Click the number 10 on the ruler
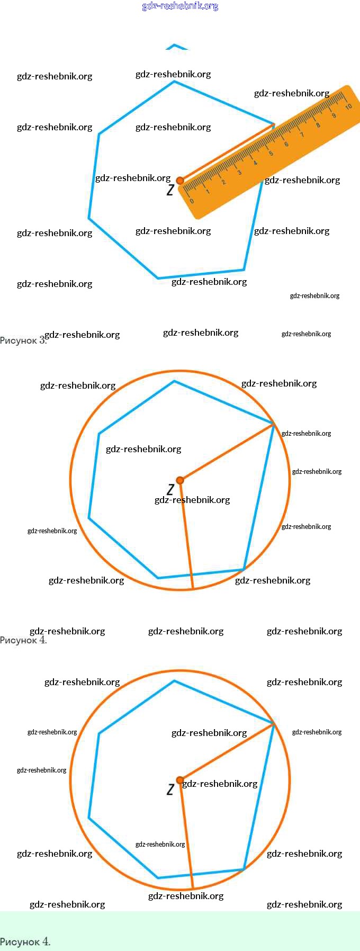point(348,106)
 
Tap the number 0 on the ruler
point(192,201)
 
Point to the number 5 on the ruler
point(271,154)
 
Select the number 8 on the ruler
point(318,125)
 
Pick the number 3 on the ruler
point(239,173)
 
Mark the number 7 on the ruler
point(302,135)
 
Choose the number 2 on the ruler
point(223,182)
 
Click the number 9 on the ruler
point(334,115)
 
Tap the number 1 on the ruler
point(208,192)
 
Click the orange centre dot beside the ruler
point(180,181)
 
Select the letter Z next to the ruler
point(170,190)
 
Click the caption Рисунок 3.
point(22,340)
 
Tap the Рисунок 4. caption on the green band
point(25,941)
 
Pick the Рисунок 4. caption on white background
point(23,640)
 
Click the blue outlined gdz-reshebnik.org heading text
point(180,6)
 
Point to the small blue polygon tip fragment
point(176,47)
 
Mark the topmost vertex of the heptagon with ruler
point(174,82)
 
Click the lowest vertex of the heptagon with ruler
point(158,277)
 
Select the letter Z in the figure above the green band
point(170,789)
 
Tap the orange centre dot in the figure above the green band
point(180,780)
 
